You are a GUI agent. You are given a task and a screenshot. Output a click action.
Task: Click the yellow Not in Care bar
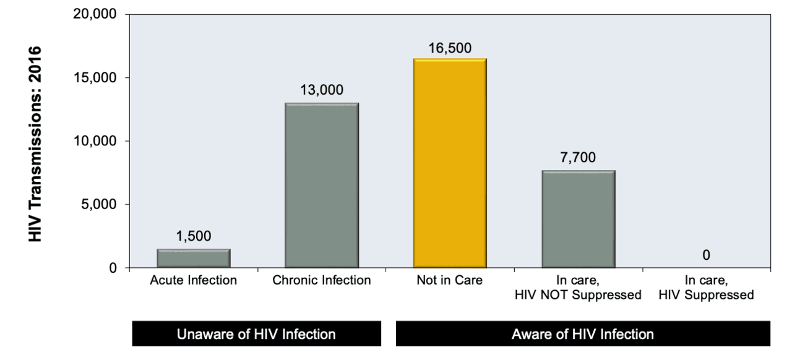point(450,164)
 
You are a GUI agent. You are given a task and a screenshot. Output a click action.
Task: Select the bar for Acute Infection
point(193,259)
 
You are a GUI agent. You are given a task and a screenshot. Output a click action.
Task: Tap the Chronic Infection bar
point(322,186)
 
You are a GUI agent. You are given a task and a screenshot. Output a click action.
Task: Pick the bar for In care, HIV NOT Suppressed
point(579,220)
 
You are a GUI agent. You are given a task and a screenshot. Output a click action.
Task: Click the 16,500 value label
point(450,47)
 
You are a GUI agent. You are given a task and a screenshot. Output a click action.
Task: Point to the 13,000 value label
point(322,90)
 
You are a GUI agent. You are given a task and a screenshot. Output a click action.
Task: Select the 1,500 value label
point(193,236)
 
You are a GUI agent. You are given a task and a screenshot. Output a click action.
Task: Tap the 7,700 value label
point(579,158)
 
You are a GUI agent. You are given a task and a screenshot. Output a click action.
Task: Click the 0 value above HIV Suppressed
point(707,255)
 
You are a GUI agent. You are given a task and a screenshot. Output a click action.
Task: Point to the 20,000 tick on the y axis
point(98,14)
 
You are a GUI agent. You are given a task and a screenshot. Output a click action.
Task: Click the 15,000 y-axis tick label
point(98,78)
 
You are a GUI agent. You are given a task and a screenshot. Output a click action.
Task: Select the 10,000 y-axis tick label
point(98,141)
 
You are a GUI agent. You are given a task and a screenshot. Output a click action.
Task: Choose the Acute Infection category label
point(193,281)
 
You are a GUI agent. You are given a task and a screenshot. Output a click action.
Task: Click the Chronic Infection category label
point(322,281)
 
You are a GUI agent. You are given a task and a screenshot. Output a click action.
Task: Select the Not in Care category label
point(450,281)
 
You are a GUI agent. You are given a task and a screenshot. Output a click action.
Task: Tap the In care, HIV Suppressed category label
point(707,288)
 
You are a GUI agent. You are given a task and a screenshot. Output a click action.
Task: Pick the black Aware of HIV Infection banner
point(582,335)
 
